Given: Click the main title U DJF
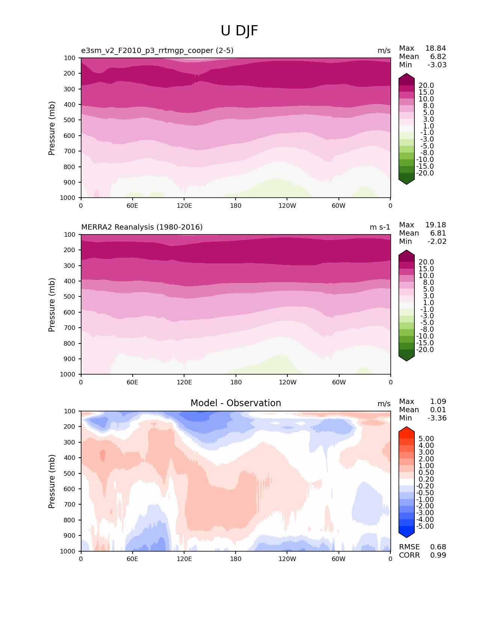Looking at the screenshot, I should [239, 31].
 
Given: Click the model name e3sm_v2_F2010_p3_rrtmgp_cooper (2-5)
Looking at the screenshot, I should [157, 51].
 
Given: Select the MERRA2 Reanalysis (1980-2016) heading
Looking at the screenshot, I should [142, 227].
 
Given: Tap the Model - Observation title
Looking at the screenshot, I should [236, 403].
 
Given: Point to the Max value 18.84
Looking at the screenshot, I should [435, 48].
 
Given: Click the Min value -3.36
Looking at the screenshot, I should [437, 418].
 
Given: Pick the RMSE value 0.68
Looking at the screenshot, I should [438, 547].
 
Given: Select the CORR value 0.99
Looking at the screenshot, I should [438, 555].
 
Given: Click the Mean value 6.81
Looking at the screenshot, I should [438, 233].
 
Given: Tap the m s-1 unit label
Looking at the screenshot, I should [380, 227].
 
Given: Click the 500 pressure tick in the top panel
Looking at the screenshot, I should [70, 120].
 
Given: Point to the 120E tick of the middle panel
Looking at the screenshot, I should [184, 383].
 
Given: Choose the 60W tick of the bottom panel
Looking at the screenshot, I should [338, 559].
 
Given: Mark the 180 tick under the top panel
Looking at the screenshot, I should [236, 206].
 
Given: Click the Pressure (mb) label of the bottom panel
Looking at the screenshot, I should [52, 481].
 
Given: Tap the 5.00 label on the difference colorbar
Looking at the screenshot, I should [426, 439].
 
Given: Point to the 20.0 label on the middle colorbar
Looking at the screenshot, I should [426, 262].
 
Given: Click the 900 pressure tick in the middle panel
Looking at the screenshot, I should [70, 359].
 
